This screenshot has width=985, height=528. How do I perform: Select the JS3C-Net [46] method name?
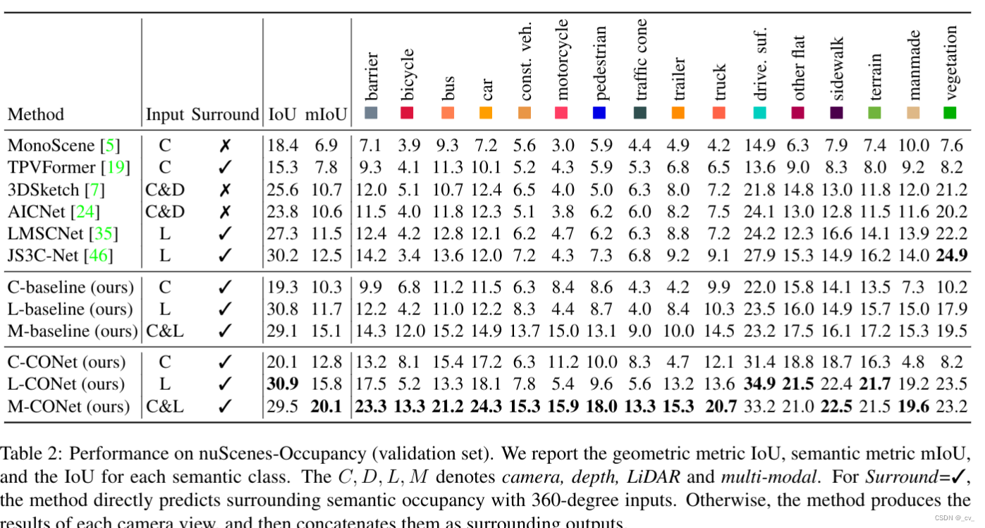(x=60, y=255)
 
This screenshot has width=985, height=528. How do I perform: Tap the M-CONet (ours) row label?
(x=68, y=407)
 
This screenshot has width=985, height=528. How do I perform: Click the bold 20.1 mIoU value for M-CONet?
(x=326, y=407)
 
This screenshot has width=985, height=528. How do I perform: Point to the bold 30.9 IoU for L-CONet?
(x=283, y=384)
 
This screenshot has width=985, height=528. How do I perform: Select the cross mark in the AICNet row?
(x=225, y=211)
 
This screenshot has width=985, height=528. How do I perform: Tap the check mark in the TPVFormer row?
(x=225, y=168)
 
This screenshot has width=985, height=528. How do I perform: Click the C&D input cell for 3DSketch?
(x=164, y=190)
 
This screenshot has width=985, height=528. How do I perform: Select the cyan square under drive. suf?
(x=759, y=113)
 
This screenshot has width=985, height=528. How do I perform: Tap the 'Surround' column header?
(x=226, y=114)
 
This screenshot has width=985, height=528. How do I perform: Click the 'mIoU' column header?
(x=326, y=114)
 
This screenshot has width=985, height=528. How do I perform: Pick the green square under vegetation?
(x=950, y=113)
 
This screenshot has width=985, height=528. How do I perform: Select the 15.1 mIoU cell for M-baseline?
(x=326, y=331)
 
